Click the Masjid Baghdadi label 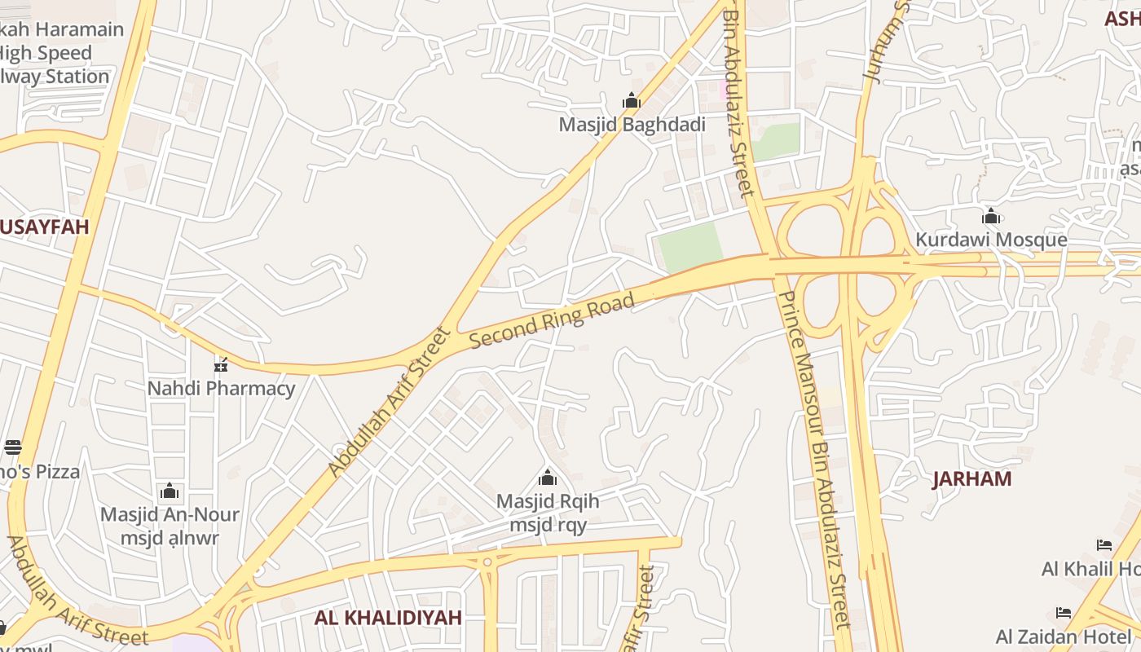tap(632, 125)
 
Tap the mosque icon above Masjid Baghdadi tap(632, 101)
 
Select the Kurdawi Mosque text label tap(991, 240)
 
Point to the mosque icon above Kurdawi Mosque tap(991, 217)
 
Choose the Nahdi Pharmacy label tap(221, 388)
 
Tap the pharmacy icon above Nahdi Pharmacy tap(221, 364)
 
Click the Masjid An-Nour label tap(170, 515)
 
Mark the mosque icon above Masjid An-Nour tap(170, 491)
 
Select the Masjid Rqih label tap(548, 501)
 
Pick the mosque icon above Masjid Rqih tap(548, 478)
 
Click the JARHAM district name tap(971, 478)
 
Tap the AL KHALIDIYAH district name tap(388, 617)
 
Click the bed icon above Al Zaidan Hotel tap(1064, 613)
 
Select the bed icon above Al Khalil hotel tap(1104, 545)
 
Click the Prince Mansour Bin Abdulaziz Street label tap(815, 460)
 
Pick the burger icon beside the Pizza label tap(13, 447)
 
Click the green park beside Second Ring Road tap(690, 246)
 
